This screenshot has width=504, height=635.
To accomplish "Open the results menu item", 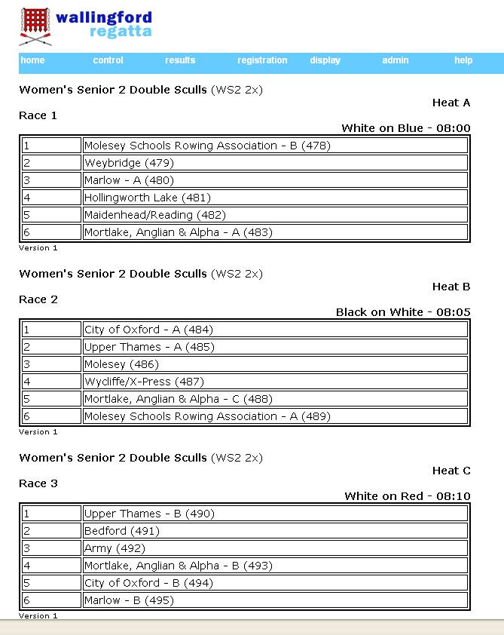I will (180, 60).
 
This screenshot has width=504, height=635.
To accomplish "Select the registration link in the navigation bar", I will (262, 60).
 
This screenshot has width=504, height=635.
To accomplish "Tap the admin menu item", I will (396, 60).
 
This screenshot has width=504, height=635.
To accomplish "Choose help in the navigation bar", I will (463, 60).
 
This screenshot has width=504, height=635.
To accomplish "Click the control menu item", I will (108, 60).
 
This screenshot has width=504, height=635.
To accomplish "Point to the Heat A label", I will (451, 103).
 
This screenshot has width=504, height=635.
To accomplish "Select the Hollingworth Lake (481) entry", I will (147, 198).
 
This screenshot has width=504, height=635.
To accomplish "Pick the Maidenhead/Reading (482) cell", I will (149, 215).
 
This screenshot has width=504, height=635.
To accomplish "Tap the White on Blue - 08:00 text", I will (405, 128).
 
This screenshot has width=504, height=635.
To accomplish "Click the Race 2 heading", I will (38, 299).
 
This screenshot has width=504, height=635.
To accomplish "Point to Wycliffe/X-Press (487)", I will (144, 382).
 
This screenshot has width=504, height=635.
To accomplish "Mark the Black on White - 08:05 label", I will (403, 312).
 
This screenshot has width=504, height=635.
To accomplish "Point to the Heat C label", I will (451, 471).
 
